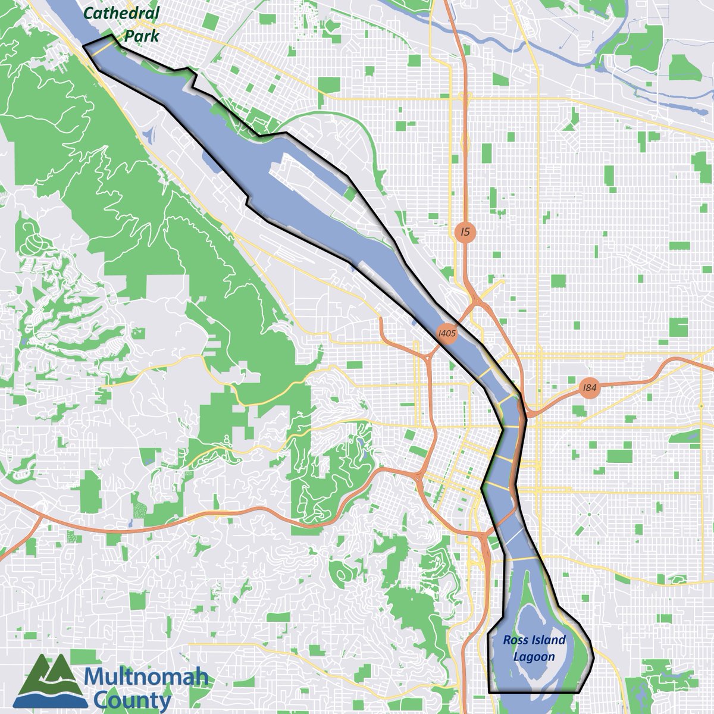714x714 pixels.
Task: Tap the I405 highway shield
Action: click(446, 334)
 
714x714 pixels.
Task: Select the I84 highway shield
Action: click(589, 388)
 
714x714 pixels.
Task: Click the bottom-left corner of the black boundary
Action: click(488, 692)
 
